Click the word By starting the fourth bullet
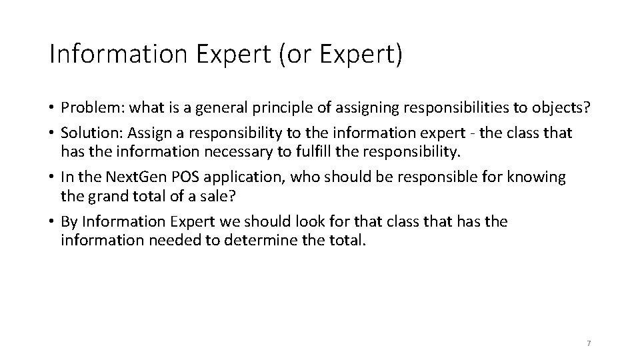pyautogui.click(x=68, y=221)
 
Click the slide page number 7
pyautogui.click(x=589, y=343)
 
